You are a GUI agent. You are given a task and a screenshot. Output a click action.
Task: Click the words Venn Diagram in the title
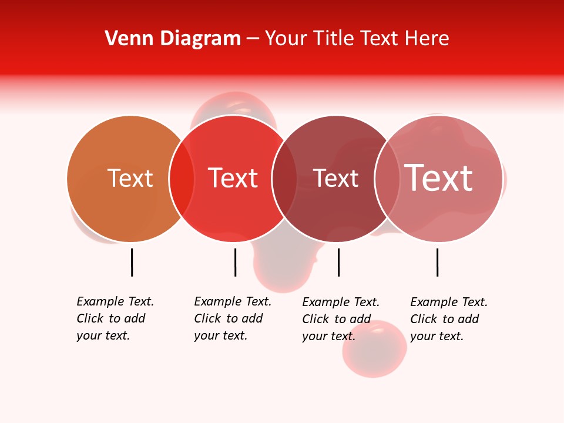(173, 39)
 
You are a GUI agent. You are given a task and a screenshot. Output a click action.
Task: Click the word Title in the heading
(333, 39)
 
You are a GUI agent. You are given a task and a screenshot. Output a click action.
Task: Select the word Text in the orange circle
(130, 178)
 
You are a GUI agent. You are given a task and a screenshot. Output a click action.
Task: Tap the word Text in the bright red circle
(233, 178)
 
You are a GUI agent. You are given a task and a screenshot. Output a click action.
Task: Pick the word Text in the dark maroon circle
(335, 178)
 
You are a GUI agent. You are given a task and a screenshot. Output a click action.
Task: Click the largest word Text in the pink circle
(438, 177)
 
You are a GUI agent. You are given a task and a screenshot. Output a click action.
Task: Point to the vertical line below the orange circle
(132, 262)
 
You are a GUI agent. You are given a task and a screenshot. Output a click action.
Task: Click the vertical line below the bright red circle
(235, 262)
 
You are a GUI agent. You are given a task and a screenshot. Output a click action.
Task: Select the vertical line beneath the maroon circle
(339, 262)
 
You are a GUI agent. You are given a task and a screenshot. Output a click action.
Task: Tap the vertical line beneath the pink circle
(438, 262)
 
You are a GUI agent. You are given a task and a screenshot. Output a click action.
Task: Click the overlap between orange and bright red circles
(182, 179)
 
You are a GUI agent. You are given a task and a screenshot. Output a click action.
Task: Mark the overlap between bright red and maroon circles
(284, 179)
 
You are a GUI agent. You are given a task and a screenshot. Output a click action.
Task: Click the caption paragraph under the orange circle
(115, 318)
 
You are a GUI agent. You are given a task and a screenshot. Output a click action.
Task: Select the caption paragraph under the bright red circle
(233, 318)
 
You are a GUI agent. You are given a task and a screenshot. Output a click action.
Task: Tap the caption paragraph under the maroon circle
(341, 319)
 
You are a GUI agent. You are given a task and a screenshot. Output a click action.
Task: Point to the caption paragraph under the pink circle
(449, 319)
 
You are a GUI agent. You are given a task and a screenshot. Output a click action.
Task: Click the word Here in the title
(428, 39)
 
